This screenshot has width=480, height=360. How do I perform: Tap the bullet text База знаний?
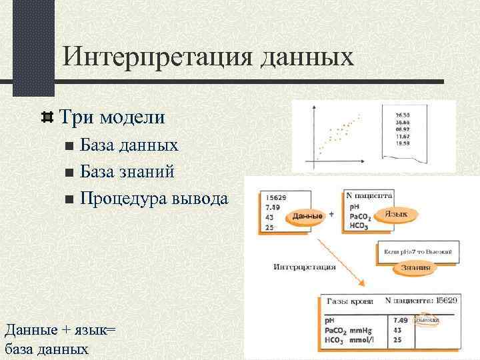[x=127, y=171]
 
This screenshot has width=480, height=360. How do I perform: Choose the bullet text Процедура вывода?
[x=154, y=198]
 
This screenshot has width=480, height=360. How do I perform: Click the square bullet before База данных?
[x=70, y=146]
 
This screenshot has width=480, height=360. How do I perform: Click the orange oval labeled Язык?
[x=401, y=214]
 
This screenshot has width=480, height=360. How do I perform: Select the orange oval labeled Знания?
[x=415, y=267]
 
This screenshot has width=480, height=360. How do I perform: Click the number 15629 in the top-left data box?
[x=276, y=197]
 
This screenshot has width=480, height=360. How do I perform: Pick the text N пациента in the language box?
[x=369, y=196]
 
